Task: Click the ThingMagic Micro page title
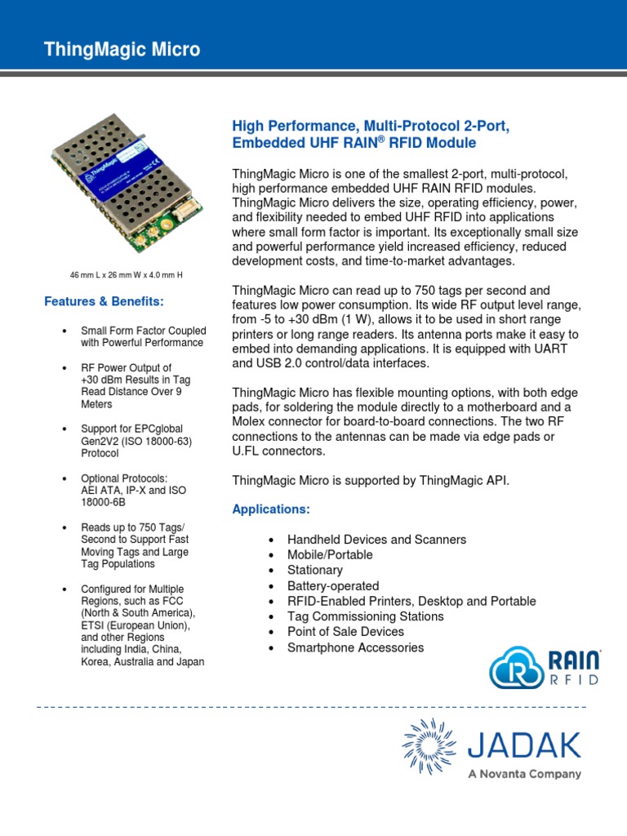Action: pos(122,50)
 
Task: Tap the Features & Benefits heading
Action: pos(104,301)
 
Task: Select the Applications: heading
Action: pos(271,509)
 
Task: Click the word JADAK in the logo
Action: pos(524,745)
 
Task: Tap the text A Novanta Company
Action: pos(524,774)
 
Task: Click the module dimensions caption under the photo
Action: pos(126,274)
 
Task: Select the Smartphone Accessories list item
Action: pos(355,647)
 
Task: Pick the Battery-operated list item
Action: pos(332,585)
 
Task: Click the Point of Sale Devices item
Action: pos(345,632)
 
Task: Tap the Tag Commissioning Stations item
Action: pos(365,616)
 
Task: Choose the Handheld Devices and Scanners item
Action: pos(376,540)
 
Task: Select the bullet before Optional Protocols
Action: pos(64,478)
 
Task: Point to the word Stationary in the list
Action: pos(314,570)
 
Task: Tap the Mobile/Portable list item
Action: pos(330,555)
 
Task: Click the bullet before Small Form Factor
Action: pos(64,331)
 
